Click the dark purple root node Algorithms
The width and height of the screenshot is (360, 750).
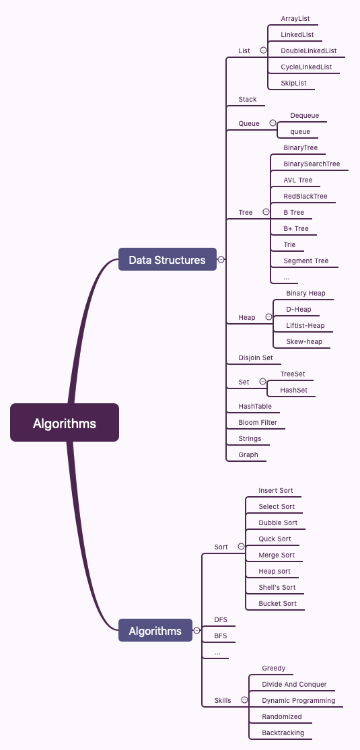coord(65,422)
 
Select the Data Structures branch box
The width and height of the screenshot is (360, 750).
coord(168,259)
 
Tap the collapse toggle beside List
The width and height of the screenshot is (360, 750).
coord(263,50)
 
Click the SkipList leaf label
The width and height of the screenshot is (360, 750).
coord(293,83)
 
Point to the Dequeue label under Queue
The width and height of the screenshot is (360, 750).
coord(305,115)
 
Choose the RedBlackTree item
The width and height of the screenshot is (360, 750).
coord(305,196)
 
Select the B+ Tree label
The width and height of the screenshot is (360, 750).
coord(296,228)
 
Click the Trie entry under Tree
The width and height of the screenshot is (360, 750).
coord(290,244)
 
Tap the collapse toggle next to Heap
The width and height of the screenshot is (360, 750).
coord(268,316)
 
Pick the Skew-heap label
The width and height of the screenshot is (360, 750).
coord(304,341)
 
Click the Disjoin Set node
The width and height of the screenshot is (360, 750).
coord(256,357)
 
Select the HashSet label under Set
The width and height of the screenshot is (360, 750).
coord(293,390)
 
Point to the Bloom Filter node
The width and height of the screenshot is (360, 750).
coord(258,422)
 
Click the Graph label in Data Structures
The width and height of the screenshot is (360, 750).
coord(248,454)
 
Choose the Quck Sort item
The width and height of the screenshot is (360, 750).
coord(275,539)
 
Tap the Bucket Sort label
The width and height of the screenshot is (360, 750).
coord(278,603)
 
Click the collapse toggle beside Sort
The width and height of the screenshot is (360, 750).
coord(241,546)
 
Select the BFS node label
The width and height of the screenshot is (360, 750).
coord(221,636)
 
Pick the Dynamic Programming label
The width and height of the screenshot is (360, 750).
coord(299,700)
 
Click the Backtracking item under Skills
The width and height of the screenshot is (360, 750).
coord(283,732)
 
